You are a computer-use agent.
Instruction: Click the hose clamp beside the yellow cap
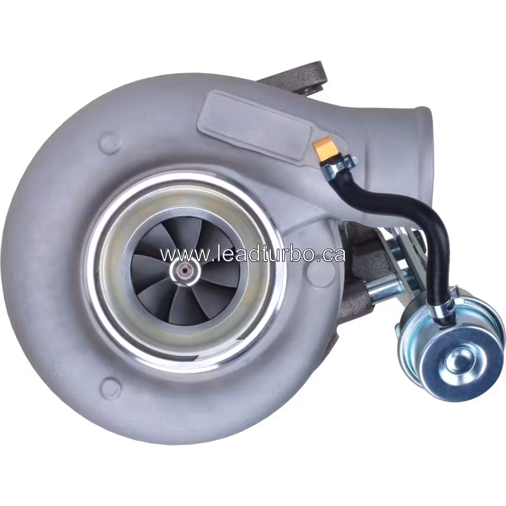[x=341, y=165]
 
